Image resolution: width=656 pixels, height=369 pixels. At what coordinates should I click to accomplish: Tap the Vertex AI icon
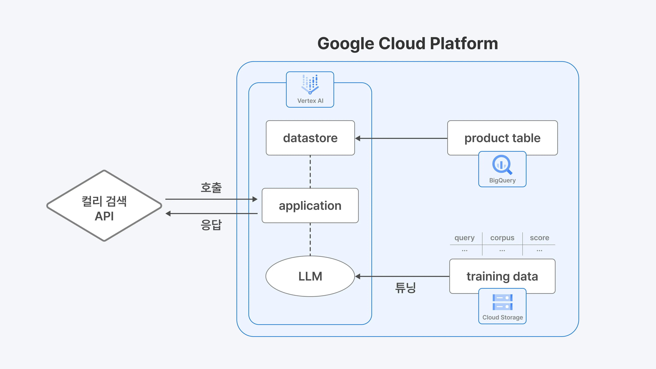point(310,84)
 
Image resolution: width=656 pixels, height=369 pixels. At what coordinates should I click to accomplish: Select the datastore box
point(310,138)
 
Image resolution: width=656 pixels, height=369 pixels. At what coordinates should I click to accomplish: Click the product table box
point(502,138)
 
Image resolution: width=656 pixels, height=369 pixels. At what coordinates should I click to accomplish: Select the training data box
point(502,276)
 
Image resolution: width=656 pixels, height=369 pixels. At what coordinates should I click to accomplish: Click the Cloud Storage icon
point(502,302)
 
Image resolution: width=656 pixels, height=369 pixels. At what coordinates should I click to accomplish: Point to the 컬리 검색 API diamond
point(104,206)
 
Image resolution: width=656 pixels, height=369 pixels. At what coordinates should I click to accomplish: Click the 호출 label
point(211,188)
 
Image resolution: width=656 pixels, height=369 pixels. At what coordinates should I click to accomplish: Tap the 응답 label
point(211,225)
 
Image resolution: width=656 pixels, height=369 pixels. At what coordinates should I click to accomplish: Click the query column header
point(464,238)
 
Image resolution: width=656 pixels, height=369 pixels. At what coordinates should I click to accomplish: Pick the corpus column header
point(502,238)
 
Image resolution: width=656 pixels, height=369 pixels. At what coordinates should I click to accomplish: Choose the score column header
point(539,238)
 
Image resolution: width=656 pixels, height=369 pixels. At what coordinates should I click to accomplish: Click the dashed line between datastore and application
point(310,171)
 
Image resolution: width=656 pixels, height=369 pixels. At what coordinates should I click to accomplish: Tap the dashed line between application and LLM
point(310,239)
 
